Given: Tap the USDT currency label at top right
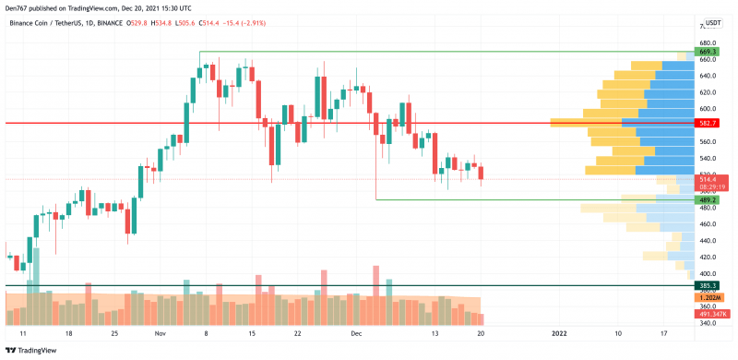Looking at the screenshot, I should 709,24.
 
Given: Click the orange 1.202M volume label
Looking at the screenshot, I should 709,297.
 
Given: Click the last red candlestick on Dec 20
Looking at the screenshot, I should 482,173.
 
